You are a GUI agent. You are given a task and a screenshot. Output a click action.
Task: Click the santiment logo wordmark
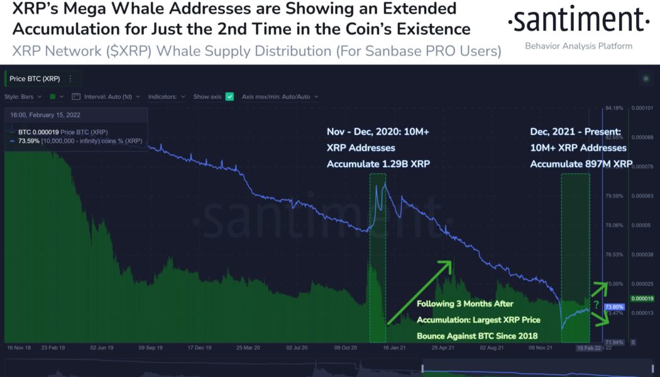[x=578, y=21]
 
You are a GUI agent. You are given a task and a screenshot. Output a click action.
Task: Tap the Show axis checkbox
[x=229, y=97]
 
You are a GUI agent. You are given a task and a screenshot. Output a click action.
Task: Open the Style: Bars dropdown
[x=23, y=97]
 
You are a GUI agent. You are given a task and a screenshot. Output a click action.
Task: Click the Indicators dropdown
[x=167, y=97]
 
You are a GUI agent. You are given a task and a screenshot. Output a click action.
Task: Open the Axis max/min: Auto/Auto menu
[x=280, y=97]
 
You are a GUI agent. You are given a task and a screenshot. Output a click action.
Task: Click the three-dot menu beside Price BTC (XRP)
[x=70, y=79]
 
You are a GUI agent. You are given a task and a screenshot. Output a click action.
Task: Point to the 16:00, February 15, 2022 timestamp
[x=45, y=115]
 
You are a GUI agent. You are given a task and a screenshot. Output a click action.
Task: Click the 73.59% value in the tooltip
[x=29, y=141]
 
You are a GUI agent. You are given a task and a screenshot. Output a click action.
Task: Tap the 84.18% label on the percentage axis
[x=613, y=108]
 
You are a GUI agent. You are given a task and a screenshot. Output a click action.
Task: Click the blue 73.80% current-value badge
[x=613, y=307]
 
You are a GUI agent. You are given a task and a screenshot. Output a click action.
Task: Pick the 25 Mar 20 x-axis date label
[x=248, y=347]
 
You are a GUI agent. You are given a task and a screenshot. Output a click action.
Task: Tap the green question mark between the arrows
[x=596, y=304]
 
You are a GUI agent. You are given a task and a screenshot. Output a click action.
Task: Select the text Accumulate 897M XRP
[x=581, y=164]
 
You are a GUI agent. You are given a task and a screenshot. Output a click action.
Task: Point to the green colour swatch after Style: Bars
[x=53, y=97]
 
